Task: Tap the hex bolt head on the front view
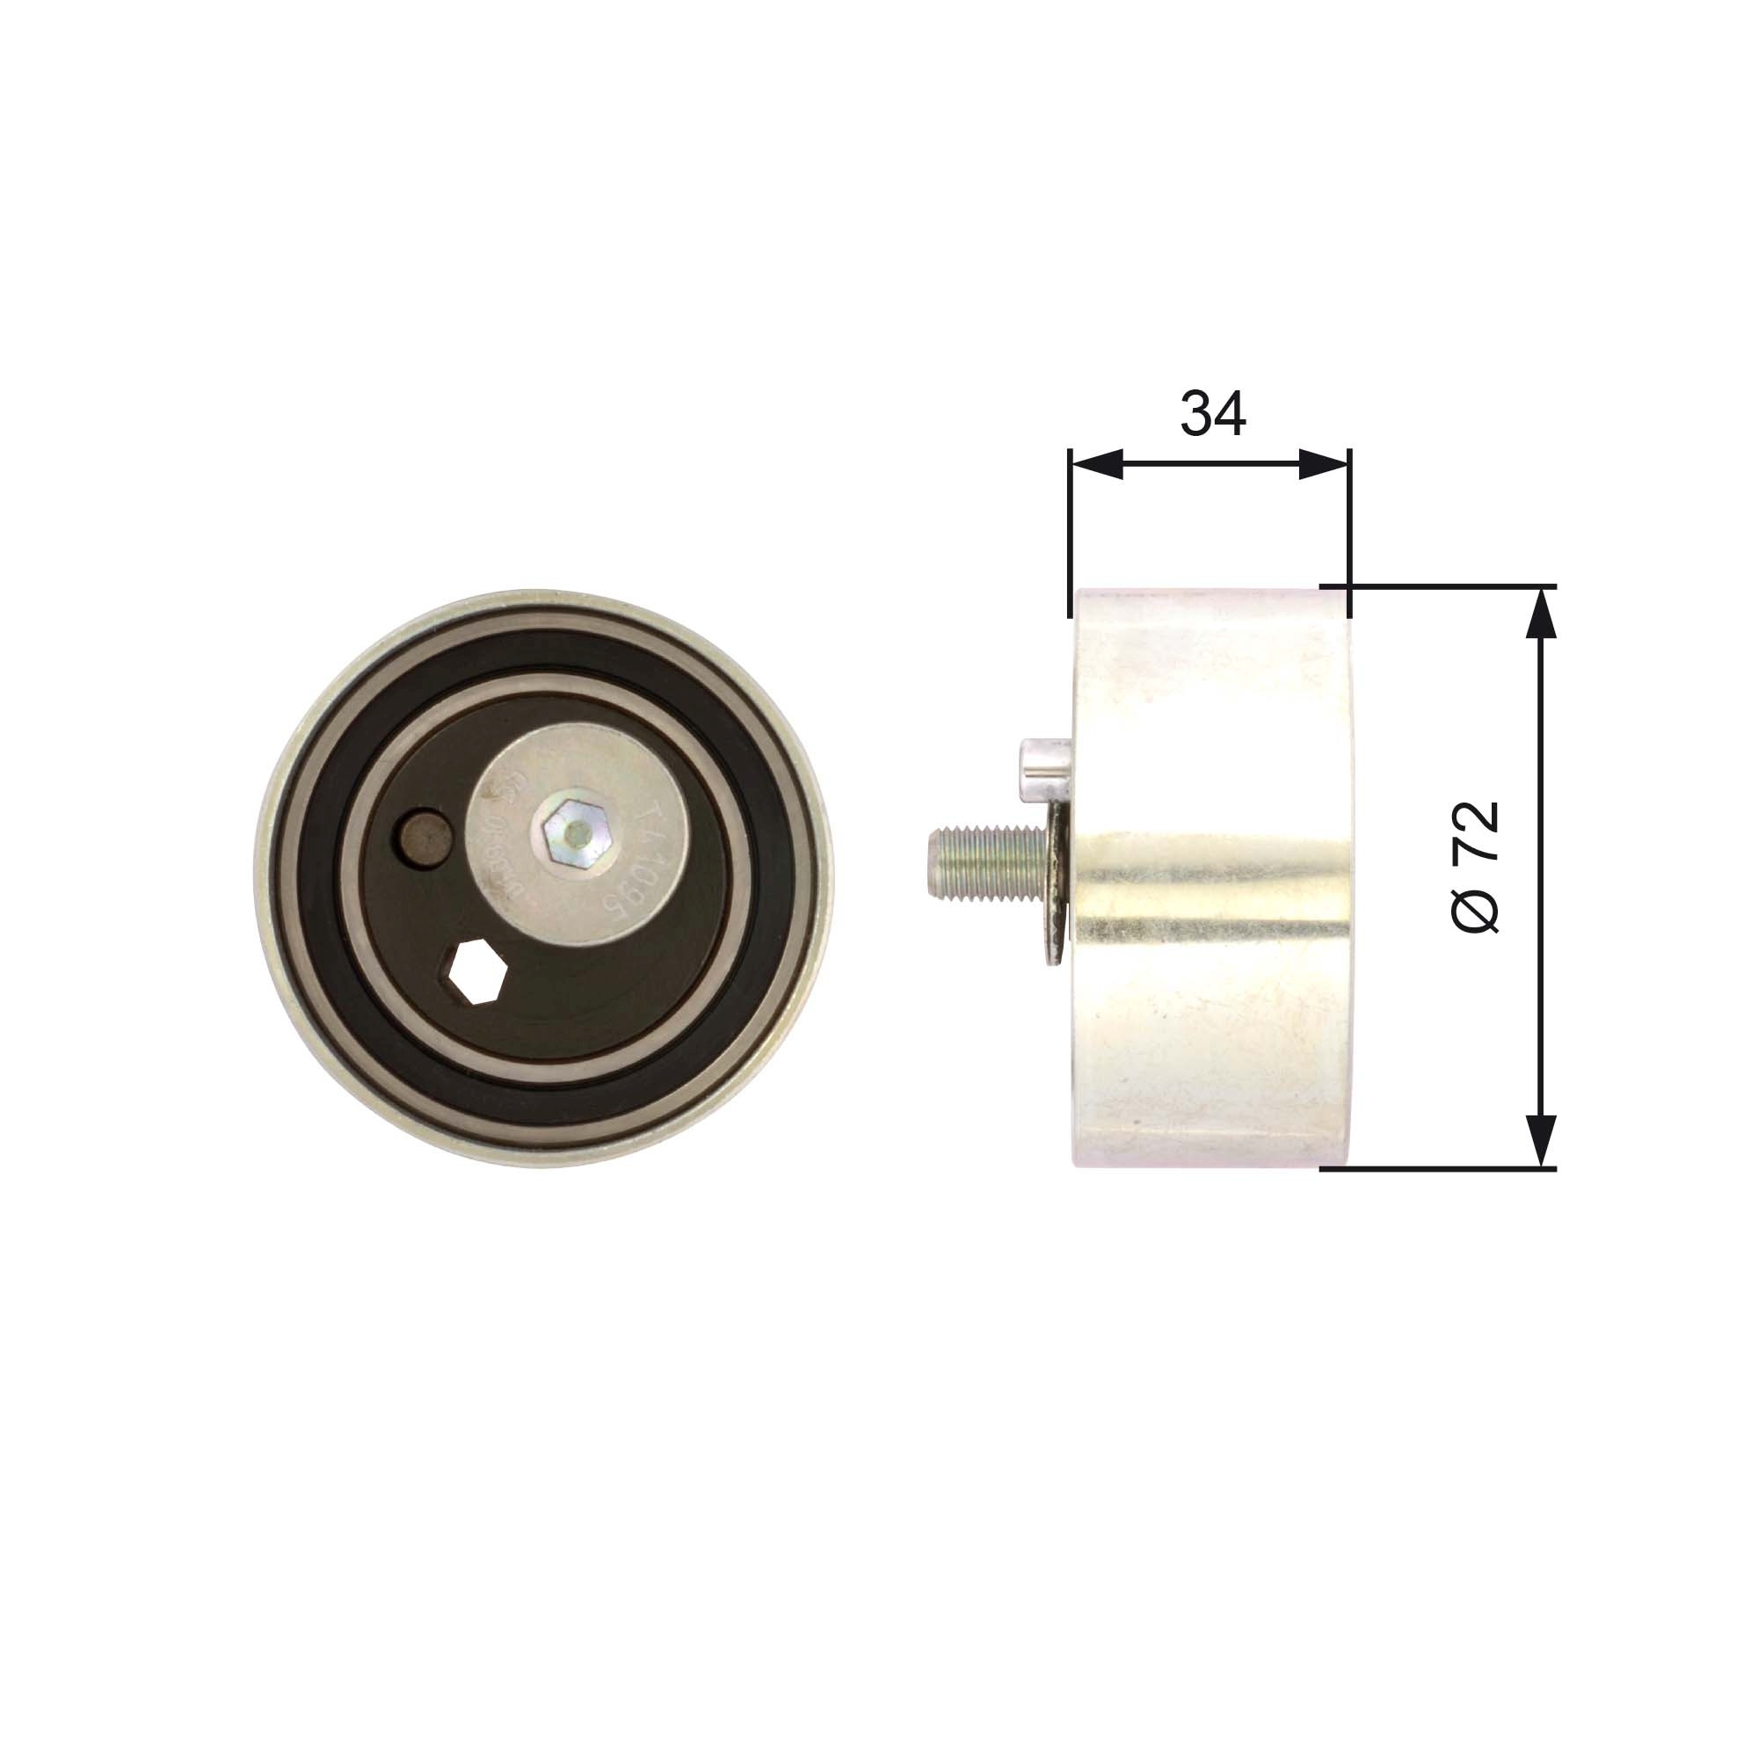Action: click(x=566, y=832)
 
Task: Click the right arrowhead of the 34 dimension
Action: click(x=1323, y=465)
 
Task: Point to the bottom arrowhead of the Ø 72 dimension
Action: click(x=1540, y=1142)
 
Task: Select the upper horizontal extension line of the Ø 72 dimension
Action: click(x=1438, y=585)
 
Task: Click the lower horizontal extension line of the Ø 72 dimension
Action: click(x=1438, y=1168)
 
